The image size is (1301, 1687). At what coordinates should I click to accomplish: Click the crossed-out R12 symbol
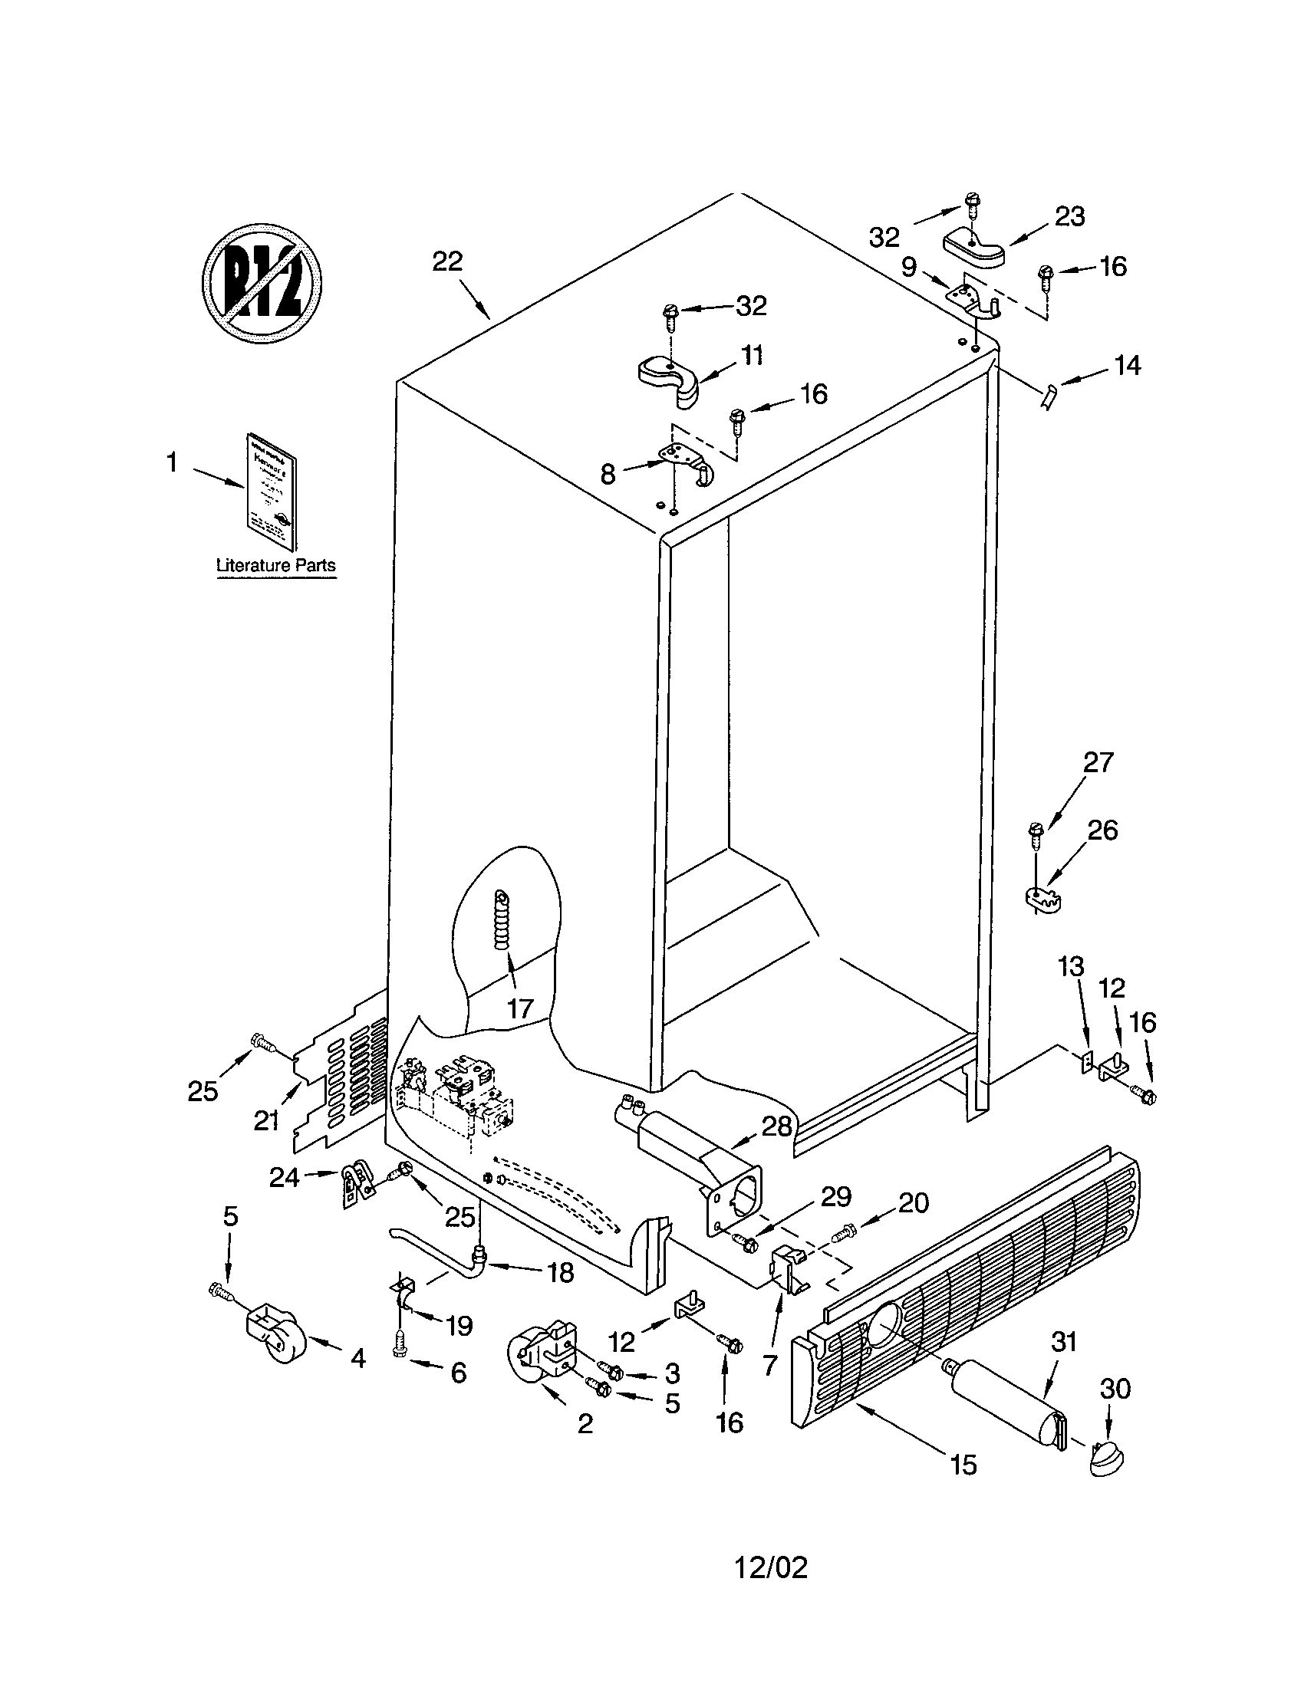pyautogui.click(x=262, y=284)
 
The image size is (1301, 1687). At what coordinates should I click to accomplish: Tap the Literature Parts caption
pyautogui.click(x=276, y=565)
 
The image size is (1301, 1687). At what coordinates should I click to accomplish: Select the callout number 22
pyautogui.click(x=446, y=261)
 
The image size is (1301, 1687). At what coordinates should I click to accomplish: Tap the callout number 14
pyautogui.click(x=1127, y=365)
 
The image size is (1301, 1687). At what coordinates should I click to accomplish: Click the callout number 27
pyautogui.click(x=1098, y=762)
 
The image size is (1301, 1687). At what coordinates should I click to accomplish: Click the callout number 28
pyautogui.click(x=777, y=1127)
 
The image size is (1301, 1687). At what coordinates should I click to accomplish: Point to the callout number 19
pyautogui.click(x=459, y=1327)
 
